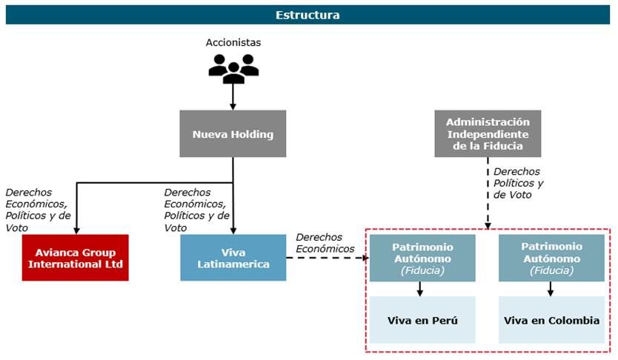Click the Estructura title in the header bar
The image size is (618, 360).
point(308,15)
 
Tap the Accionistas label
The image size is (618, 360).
point(233,42)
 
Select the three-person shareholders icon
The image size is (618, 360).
point(233,68)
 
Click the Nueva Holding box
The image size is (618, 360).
point(233,134)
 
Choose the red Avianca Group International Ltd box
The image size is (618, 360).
point(76,258)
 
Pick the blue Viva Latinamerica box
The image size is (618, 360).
point(233,258)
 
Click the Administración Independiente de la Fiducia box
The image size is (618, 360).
point(488,134)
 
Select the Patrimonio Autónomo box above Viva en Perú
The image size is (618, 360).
point(422,258)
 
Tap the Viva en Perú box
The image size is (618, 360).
point(422,320)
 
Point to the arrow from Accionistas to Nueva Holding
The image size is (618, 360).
point(233,96)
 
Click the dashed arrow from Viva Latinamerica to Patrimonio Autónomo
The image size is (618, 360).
point(327,258)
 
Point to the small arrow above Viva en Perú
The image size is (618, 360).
point(420,289)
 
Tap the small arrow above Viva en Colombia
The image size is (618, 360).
point(550,289)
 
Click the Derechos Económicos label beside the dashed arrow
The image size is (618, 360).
point(325,243)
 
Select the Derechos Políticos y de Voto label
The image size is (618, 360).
point(518,183)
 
